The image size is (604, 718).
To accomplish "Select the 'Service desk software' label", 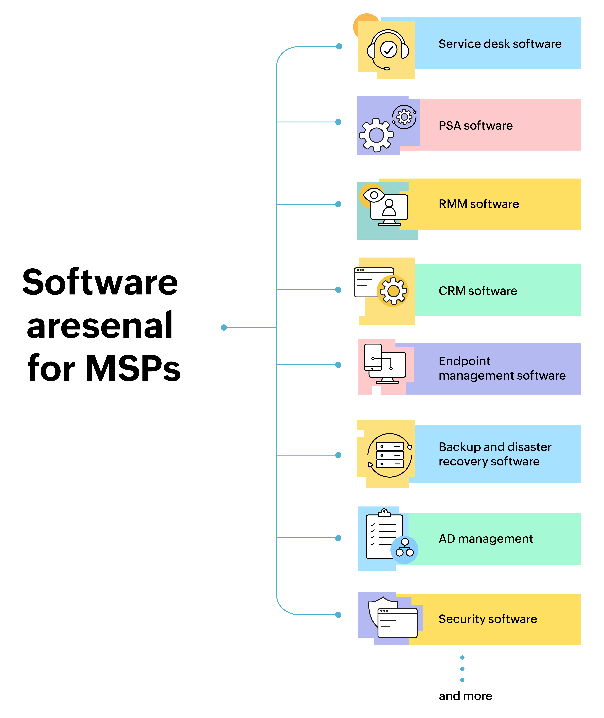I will (x=500, y=44).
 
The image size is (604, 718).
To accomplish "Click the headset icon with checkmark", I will (x=388, y=50).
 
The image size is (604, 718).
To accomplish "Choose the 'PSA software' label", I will (x=476, y=126).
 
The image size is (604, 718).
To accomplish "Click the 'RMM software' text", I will (x=479, y=204).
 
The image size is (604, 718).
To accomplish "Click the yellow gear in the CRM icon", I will (x=393, y=291).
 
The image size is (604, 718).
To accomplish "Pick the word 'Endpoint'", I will (x=464, y=361).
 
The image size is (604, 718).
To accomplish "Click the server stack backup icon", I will (x=390, y=455).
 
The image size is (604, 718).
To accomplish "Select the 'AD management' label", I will (x=486, y=539).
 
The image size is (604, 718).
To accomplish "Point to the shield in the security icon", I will (x=377, y=611).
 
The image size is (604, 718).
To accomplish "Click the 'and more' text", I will (x=465, y=696).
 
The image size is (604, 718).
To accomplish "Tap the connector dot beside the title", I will (x=224, y=327).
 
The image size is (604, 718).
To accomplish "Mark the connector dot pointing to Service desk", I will (x=339, y=46).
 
